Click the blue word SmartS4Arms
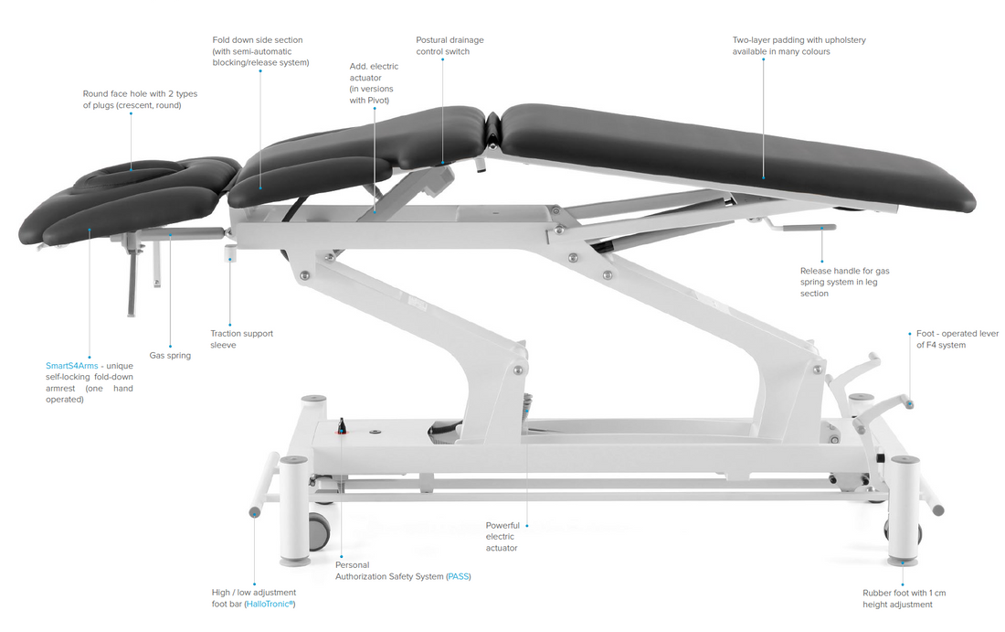[72, 366]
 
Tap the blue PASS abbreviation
[458, 577]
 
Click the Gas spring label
[170, 356]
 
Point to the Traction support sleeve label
[241, 339]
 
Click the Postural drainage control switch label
[450, 46]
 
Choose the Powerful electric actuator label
[503, 536]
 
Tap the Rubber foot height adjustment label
[904, 599]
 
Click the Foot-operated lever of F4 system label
[957, 339]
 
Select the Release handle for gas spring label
[845, 283]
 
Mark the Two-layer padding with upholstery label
[799, 46]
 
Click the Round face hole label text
[140, 100]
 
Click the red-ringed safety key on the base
[342, 427]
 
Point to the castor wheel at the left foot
[319, 531]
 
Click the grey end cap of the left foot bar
[255, 512]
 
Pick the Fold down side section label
[260, 51]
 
